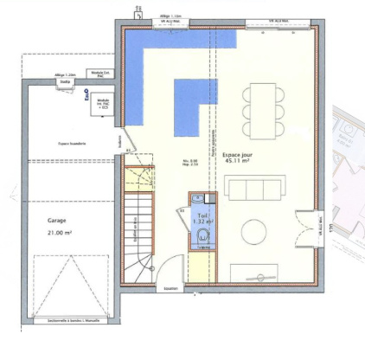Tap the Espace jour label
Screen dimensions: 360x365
236,153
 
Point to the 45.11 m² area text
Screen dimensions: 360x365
236,161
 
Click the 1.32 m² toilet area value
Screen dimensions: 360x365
202,222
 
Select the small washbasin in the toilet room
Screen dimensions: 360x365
184,210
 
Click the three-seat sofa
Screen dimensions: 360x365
254,187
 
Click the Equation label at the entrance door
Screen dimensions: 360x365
170,288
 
